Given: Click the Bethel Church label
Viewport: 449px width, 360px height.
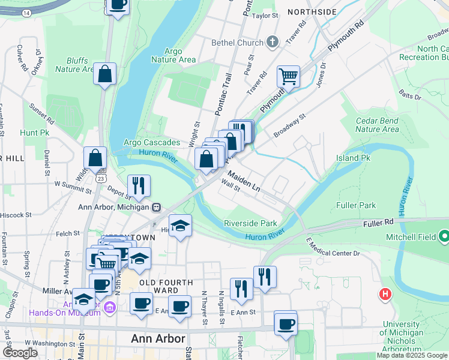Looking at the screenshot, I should pos(237,43).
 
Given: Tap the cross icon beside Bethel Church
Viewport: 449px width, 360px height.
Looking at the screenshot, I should pos(273,42).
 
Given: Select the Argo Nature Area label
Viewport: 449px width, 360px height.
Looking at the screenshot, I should pos(173,55).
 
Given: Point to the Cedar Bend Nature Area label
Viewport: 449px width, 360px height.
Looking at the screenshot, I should pos(377,125).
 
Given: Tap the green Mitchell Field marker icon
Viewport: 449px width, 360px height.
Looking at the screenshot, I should pos(444,237).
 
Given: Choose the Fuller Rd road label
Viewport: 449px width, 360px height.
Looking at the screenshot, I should pos(378,223).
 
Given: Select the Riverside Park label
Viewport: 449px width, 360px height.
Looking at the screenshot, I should pos(250,223).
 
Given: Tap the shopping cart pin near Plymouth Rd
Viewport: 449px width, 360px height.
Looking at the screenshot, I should pos(289,76).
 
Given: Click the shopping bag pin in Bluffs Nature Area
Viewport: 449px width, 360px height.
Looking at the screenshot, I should pos(105,74).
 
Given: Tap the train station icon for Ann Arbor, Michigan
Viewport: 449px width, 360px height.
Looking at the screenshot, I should pos(157,208).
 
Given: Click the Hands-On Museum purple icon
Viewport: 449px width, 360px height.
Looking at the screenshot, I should pos(109,308).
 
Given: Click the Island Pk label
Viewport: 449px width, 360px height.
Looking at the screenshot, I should pos(353,158).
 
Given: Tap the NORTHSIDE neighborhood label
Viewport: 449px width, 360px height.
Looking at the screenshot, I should pos(312,12).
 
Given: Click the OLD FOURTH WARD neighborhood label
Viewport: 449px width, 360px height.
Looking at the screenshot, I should pos(166,287).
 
